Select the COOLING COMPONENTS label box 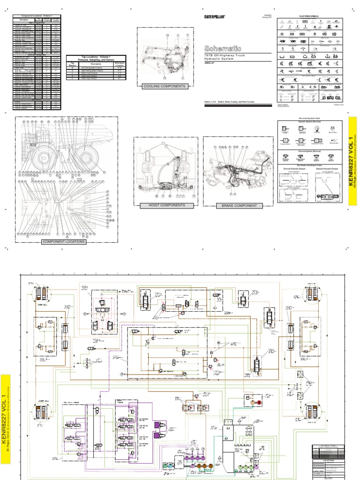164,86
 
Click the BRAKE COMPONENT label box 236,206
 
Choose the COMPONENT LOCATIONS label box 64,241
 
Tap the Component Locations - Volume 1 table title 38,16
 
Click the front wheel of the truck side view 45,153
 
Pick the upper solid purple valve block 158,425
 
